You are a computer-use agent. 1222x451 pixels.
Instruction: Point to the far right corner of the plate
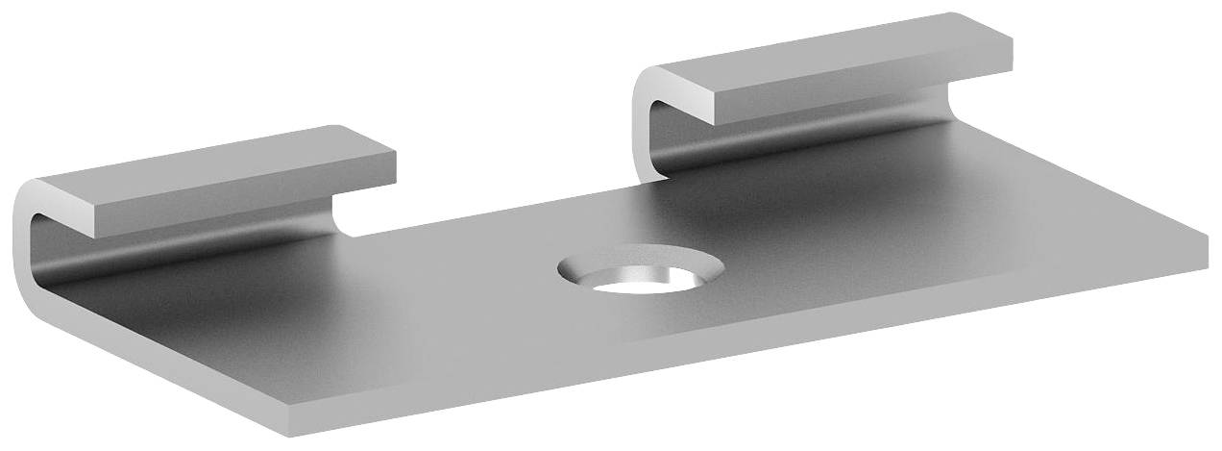[x=1207, y=237]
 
